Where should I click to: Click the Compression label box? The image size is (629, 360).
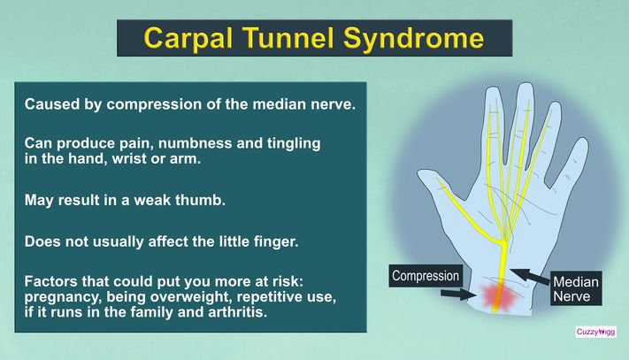point(426,276)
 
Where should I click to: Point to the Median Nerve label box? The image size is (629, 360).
point(577,290)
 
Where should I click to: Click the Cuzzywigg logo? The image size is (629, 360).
point(595,332)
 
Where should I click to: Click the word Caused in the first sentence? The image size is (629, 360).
point(50,103)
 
